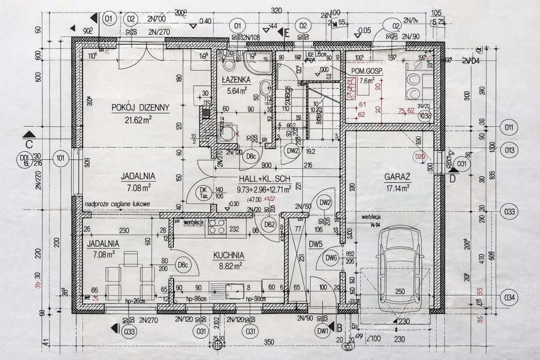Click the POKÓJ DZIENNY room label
coord(140,108)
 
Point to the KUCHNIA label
coord(229,255)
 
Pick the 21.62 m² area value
coord(138,119)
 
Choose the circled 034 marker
coord(510,297)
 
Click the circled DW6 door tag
coord(332,258)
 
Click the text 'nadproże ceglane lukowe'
coord(117,204)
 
